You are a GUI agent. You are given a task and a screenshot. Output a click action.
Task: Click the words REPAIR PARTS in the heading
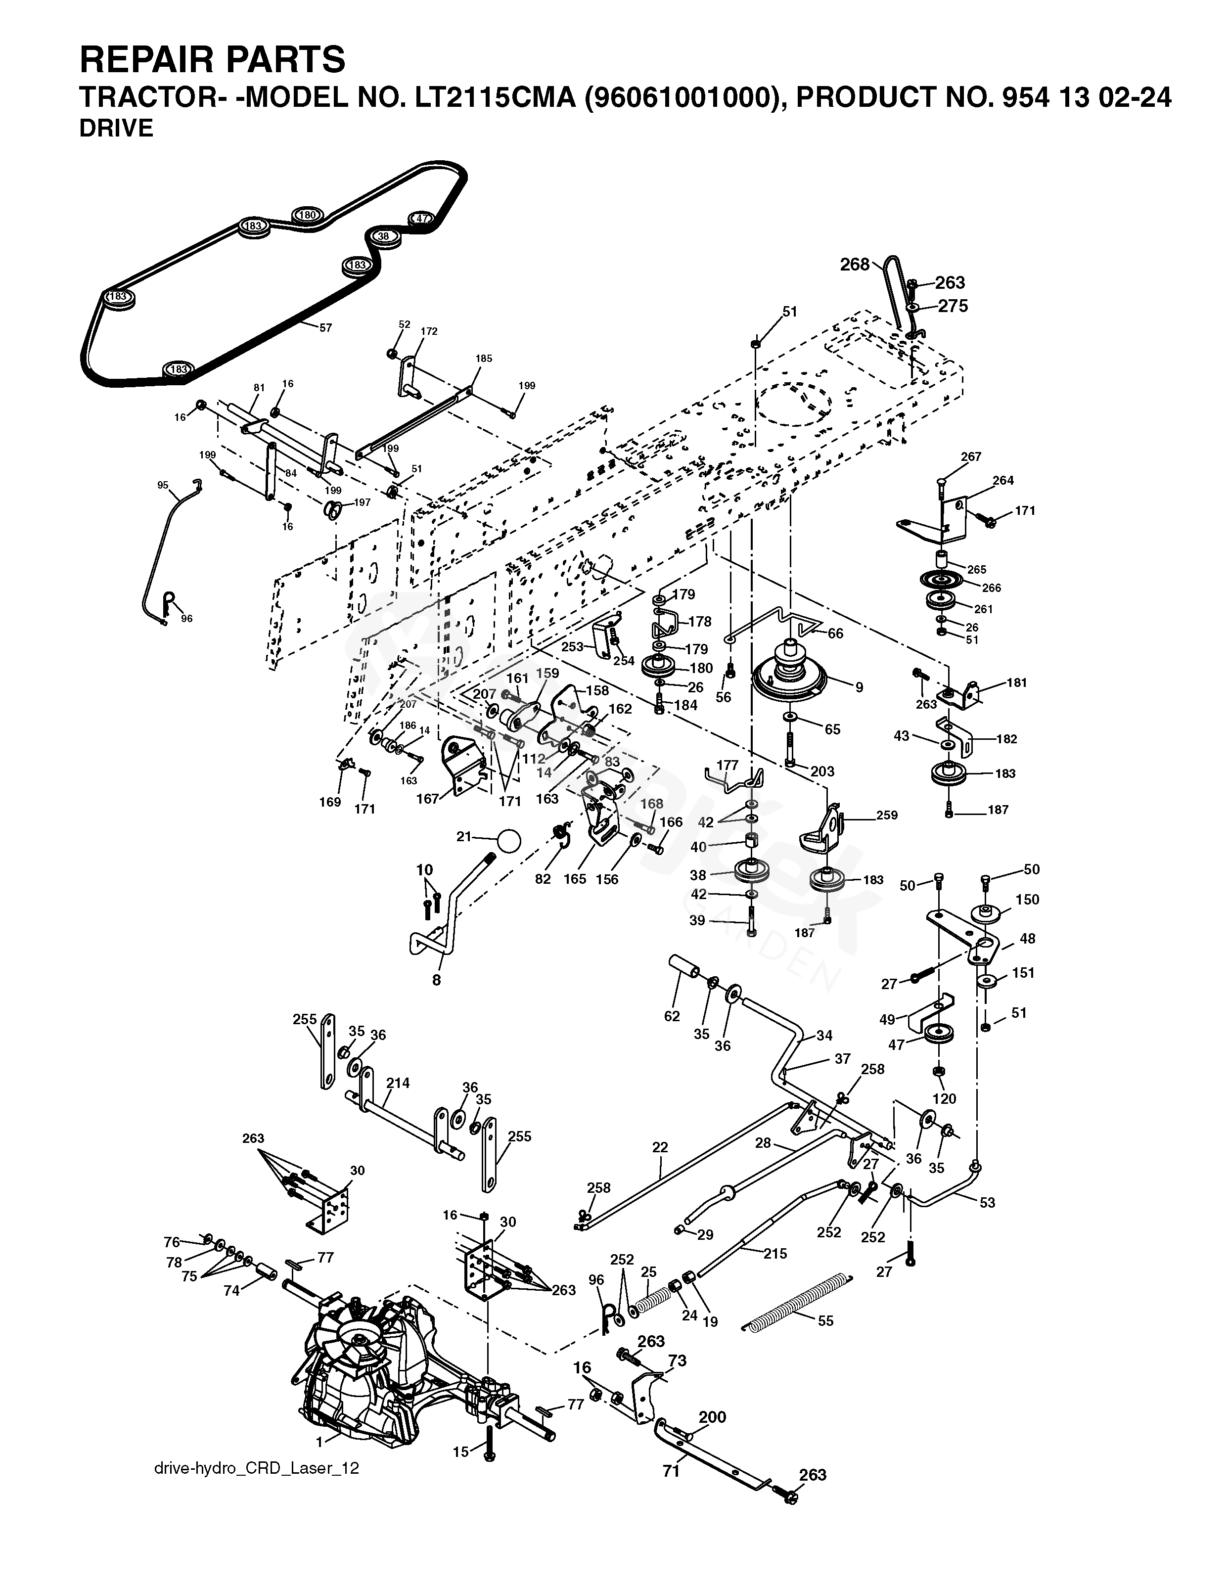click(212, 59)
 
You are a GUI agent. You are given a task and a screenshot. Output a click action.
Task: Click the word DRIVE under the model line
click(116, 129)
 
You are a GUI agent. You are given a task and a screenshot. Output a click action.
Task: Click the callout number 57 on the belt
click(325, 327)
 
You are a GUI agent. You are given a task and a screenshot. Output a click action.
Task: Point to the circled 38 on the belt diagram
click(384, 236)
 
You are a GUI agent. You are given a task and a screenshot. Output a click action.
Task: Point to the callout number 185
click(484, 358)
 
